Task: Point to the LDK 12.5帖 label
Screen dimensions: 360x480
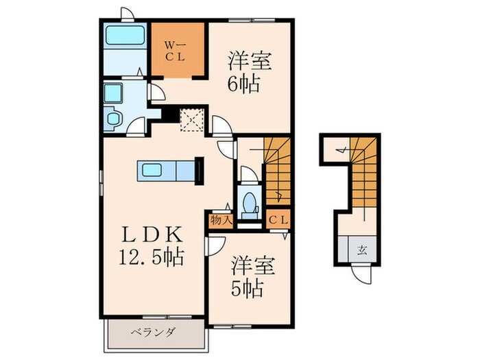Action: [152, 245]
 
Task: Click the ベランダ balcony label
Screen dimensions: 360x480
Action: [154, 333]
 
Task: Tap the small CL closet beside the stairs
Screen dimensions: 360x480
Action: [277, 220]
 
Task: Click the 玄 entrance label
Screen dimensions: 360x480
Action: [361, 249]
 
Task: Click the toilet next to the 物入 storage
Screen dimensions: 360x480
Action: [250, 202]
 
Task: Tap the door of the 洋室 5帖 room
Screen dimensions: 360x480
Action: [216, 246]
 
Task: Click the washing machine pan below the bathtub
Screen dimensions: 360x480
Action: [112, 119]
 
